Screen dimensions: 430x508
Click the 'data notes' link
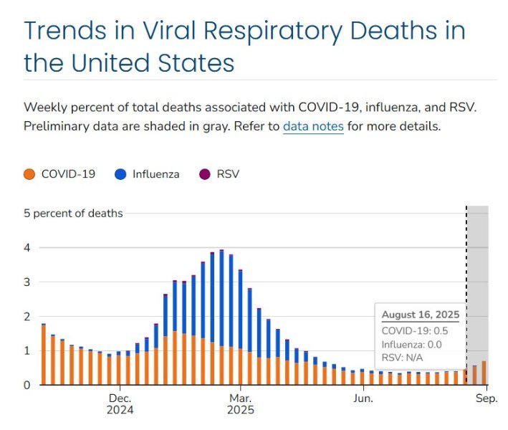coord(313,127)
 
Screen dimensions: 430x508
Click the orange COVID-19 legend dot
coord(29,174)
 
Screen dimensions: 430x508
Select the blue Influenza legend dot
coord(120,174)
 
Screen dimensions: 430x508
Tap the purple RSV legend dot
coord(204,174)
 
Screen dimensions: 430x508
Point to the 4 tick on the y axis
coord(27,248)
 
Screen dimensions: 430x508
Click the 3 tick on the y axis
coord(27,282)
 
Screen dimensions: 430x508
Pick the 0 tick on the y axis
coord(27,386)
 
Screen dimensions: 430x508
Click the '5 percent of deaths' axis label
coord(73,214)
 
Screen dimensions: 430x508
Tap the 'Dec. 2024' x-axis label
coord(120,404)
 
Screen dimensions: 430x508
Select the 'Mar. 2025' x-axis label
coord(240,404)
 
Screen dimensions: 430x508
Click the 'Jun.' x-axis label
coord(363,398)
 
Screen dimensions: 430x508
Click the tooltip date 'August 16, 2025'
coord(420,315)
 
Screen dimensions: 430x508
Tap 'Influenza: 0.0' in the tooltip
coord(411,343)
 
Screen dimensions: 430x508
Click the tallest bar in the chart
coord(221,315)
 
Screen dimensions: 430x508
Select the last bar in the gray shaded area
coord(484,373)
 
